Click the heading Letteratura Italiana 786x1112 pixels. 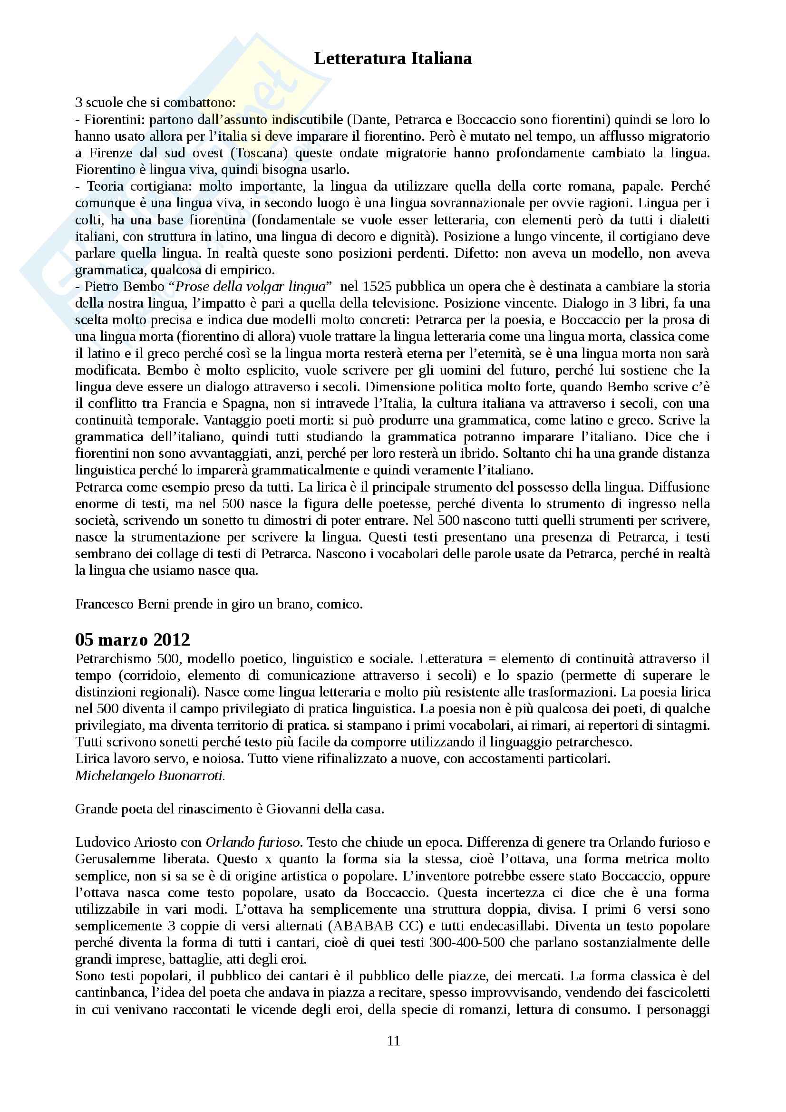393,58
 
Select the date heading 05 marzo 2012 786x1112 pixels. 132,640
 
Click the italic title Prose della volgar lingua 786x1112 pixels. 250,287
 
